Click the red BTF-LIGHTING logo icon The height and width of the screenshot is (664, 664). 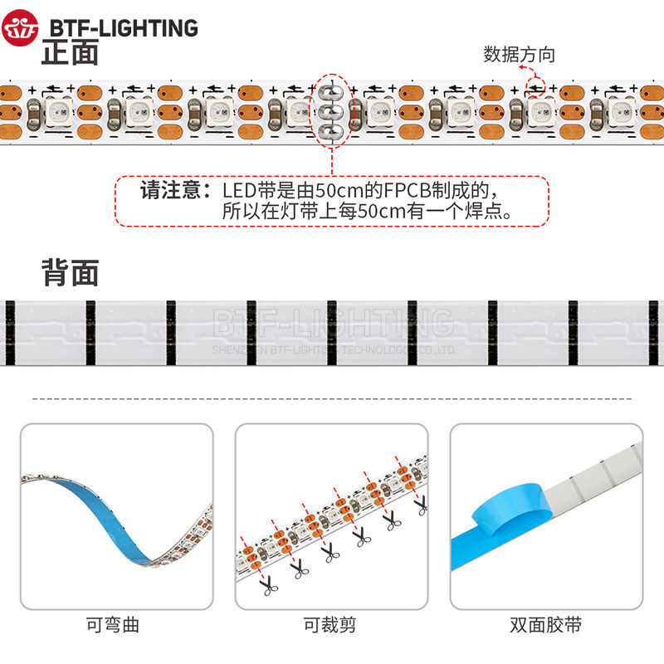[x=21, y=28]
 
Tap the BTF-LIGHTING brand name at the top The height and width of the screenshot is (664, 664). [x=124, y=28]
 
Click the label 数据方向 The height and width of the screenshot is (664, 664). [x=519, y=56]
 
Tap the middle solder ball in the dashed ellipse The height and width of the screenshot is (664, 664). [x=333, y=110]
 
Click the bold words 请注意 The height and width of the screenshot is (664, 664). [x=170, y=190]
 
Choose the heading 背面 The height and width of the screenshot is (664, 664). [x=70, y=272]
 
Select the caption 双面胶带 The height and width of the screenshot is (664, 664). [x=545, y=625]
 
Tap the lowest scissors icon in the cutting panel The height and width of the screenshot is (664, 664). [x=269, y=587]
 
